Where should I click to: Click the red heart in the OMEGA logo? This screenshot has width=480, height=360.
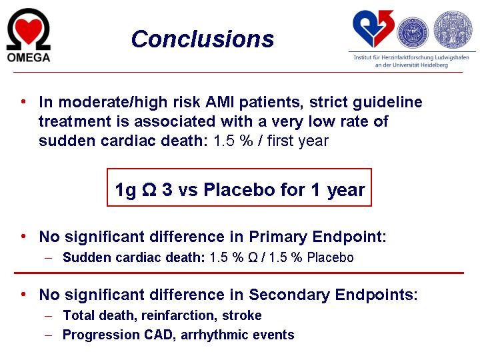tap(29, 31)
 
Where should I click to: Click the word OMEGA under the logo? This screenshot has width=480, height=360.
tap(29, 57)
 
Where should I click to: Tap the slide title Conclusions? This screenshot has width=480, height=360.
tap(203, 39)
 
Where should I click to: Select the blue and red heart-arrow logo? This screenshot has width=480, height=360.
tap(373, 29)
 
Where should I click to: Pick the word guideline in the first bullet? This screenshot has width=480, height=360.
tap(387, 102)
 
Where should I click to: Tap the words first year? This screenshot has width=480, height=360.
tap(297, 141)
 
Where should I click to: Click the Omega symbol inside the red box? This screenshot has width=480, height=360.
tap(149, 189)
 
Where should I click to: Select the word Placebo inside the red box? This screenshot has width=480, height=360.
tap(239, 189)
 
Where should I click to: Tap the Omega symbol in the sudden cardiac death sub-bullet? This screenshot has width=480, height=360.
tap(253, 257)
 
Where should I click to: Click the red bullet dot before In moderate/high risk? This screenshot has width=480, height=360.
tap(23, 101)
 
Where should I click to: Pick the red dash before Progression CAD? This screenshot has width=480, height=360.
tap(49, 335)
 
